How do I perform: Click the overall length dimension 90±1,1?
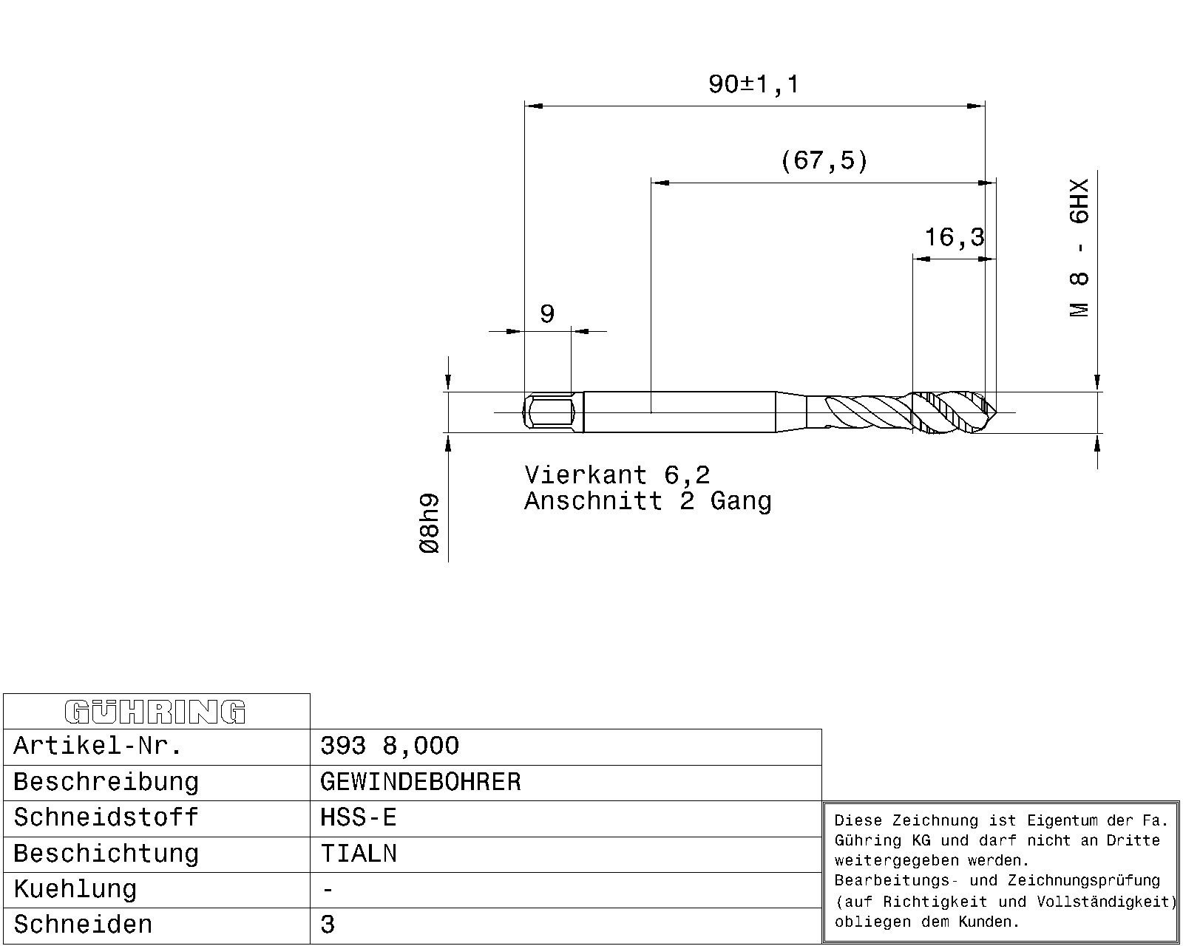click(753, 85)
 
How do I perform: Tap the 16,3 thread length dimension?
click(954, 237)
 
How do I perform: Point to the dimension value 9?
click(547, 314)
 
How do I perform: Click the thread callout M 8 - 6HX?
click(1079, 248)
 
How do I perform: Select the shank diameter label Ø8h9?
click(430, 523)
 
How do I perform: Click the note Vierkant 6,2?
click(617, 475)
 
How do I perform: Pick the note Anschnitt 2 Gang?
click(648, 501)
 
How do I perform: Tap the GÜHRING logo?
click(155, 712)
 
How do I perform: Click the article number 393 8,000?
click(389, 746)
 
